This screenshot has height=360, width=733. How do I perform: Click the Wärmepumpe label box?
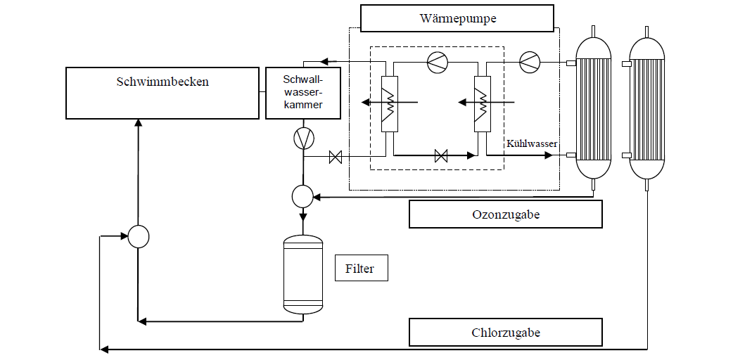pos(457,18)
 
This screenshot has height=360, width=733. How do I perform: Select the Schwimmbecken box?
pos(162,93)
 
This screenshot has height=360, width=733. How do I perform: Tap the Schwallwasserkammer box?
pos(303,93)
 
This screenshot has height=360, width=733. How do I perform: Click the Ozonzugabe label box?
pos(505,214)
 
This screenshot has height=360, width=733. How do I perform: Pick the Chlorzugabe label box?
pos(505,333)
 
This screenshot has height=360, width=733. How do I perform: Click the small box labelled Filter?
pos(362,268)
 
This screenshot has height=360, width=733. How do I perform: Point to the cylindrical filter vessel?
pos(303,274)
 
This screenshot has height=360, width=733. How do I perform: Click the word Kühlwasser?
pos(532,144)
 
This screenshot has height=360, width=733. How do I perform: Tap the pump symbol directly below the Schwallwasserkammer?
pos(303,138)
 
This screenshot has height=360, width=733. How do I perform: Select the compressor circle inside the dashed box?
pos(438,61)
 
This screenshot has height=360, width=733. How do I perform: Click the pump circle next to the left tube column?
pos(530,61)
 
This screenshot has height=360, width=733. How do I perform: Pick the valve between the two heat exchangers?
pos(441,155)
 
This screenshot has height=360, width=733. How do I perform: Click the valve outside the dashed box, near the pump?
pos(335,157)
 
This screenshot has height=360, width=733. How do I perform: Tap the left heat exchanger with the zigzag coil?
pos(390,104)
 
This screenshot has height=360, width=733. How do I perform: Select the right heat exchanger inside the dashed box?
pos(482,104)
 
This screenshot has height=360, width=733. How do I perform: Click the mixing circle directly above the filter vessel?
pos(302,196)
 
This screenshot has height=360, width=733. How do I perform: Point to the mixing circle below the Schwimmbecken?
pos(139,236)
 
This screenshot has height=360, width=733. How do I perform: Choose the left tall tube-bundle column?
pos(593,108)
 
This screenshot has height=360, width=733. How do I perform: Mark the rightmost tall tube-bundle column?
pos(646,108)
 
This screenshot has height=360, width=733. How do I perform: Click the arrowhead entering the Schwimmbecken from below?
pos(139,123)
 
